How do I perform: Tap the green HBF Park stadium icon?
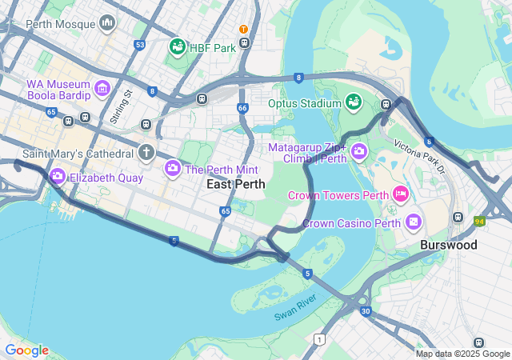[178, 47]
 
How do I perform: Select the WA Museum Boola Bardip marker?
[102, 87]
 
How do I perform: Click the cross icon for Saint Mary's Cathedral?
[146, 151]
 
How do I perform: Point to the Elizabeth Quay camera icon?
[58, 176]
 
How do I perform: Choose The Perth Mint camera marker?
[172, 169]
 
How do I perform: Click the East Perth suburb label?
[235, 185]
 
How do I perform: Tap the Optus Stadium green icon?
[353, 102]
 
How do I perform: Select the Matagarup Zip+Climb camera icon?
[358, 150]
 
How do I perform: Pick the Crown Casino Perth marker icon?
[414, 221]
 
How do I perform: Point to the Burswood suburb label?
[448, 245]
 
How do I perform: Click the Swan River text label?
[296, 307]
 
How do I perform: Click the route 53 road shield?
[140, 45]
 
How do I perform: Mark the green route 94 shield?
[479, 220]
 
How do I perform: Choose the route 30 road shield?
[365, 311]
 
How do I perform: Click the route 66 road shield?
[242, 108]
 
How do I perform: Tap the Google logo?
[26, 350]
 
